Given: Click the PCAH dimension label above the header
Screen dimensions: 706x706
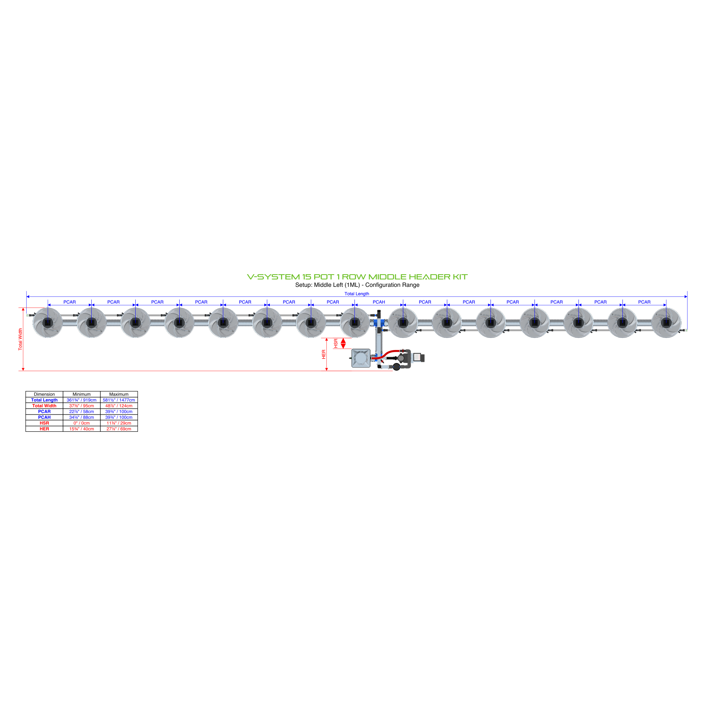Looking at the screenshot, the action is [379, 302].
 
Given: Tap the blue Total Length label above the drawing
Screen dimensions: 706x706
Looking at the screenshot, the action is [357, 294].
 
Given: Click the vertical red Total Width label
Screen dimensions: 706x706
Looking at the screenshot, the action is [20, 339].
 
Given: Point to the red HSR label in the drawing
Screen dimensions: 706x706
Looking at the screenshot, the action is [336, 343].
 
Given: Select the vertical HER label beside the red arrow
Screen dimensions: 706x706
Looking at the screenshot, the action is [324, 354].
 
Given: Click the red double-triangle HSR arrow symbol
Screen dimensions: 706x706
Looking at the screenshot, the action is [343, 343].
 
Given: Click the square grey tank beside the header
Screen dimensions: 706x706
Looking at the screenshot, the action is [361, 358].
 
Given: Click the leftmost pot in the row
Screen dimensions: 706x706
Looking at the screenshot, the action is [48, 323].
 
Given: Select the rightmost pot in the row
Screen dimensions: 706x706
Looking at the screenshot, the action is [666, 323].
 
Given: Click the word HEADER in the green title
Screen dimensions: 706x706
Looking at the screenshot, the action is [430, 276].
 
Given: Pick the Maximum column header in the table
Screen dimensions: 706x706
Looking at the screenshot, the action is [119, 394].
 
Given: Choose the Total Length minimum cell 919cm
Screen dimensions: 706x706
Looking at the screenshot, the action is [81, 400].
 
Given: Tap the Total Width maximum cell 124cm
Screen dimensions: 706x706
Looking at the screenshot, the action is [119, 405].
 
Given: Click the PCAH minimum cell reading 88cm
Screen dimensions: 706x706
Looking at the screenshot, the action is [81, 417].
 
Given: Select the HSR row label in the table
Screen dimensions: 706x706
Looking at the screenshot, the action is [44, 423].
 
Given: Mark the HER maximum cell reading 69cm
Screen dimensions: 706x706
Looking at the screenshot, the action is [119, 429].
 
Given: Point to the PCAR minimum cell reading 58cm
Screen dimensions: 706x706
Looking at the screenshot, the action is [81, 411].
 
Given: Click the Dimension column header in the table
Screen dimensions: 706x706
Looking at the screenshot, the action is [44, 394].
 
